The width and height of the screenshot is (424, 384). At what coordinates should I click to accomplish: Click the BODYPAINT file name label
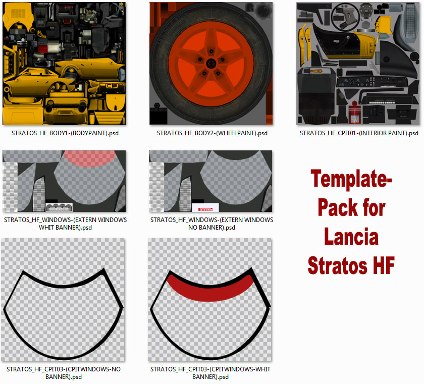[x=65, y=133]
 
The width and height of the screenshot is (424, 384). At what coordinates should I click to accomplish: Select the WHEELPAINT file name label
[x=212, y=133]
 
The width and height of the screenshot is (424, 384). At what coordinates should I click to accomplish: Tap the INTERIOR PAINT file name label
[x=359, y=133]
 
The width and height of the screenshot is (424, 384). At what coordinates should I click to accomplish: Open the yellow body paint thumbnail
[x=65, y=64]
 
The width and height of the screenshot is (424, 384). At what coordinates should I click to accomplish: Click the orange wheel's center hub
[x=211, y=64]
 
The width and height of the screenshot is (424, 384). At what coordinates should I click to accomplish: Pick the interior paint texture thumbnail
[x=359, y=64]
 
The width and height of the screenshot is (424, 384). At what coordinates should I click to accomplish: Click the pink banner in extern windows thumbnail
[x=90, y=158]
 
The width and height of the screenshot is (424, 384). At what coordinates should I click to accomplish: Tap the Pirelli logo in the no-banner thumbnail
[x=205, y=209]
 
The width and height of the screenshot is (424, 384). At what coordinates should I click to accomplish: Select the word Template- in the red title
[x=351, y=178]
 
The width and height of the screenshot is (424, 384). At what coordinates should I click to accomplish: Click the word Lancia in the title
[x=351, y=237]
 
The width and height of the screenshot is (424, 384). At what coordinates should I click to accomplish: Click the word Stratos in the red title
[x=338, y=265]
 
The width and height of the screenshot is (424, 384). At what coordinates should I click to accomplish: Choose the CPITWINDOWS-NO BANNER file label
[x=64, y=373]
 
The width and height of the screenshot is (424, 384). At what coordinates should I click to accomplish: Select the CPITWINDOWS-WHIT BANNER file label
[x=210, y=373]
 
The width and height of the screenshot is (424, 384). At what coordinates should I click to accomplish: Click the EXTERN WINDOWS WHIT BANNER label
[x=65, y=224]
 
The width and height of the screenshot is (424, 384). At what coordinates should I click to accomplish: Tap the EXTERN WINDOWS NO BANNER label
[x=211, y=224]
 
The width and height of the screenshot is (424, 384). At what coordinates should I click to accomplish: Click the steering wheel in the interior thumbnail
[x=345, y=17]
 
